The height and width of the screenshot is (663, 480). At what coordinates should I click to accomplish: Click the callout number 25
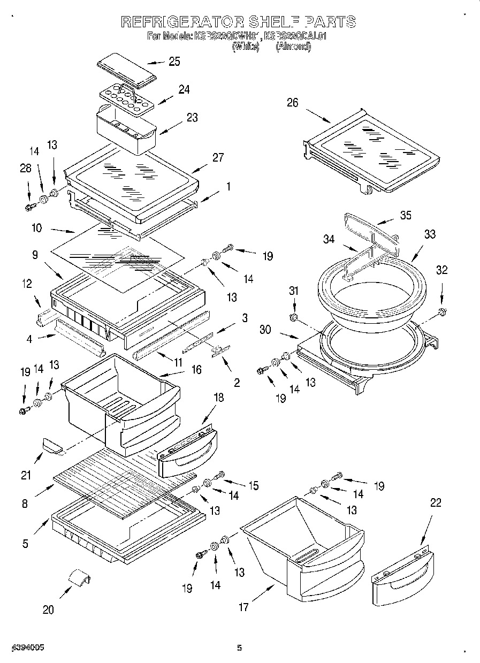[x=174, y=62]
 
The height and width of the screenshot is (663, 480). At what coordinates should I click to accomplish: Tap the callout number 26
[x=292, y=103]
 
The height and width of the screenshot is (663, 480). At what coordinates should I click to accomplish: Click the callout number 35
[x=406, y=216]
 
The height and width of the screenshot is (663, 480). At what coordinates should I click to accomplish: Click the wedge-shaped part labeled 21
[x=51, y=444]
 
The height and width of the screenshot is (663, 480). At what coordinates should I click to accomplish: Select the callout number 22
[x=436, y=503]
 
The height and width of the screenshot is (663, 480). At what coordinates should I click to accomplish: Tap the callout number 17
[x=244, y=607]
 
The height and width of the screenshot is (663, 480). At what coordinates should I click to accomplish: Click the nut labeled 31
[x=294, y=319]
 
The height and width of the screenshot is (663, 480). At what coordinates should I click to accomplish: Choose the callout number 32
[x=442, y=270]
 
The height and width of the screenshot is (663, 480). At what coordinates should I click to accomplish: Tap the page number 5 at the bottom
[x=239, y=648]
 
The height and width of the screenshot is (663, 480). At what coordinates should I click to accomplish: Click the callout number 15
[x=253, y=485]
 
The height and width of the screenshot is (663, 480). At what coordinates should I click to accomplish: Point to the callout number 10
[x=37, y=228]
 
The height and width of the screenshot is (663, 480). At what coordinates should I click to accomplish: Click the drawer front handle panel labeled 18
[x=188, y=451]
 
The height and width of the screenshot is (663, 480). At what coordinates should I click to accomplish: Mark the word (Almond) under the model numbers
[x=293, y=47]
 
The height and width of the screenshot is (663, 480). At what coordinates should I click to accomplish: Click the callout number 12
[x=27, y=284]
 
